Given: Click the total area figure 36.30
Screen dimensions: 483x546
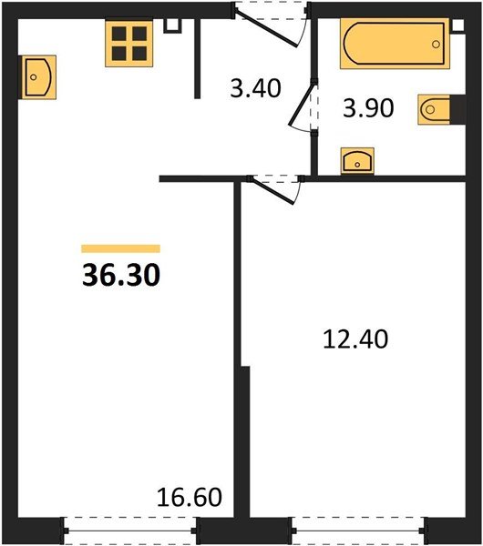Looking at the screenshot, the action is pyautogui.click(x=121, y=275).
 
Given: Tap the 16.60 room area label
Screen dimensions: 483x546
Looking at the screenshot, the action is pyautogui.click(x=190, y=497).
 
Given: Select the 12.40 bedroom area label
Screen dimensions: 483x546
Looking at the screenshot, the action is pyautogui.click(x=355, y=339).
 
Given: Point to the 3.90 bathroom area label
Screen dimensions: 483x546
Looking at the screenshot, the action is pyautogui.click(x=368, y=108).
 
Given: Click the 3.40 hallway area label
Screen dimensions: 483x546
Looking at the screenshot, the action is pyautogui.click(x=255, y=88).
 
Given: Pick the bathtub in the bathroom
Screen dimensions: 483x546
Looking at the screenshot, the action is pyautogui.click(x=395, y=44).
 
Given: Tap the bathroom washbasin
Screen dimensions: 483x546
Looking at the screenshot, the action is pyautogui.click(x=357, y=161).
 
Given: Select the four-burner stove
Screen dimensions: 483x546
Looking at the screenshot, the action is pyautogui.click(x=129, y=44).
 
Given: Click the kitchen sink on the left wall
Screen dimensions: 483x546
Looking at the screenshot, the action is pyautogui.click(x=38, y=77).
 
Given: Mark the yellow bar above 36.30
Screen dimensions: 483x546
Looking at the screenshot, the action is pyautogui.click(x=120, y=248).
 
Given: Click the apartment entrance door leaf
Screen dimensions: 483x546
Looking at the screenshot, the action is pyautogui.click(x=266, y=29).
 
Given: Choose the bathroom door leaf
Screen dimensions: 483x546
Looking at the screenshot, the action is pyautogui.click(x=302, y=104).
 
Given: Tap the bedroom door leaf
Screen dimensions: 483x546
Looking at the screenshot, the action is pyautogui.click(x=272, y=191).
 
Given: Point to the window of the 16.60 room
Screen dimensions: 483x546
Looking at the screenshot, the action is pyautogui.click(x=130, y=531).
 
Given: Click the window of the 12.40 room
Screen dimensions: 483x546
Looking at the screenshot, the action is pyautogui.click(x=358, y=531).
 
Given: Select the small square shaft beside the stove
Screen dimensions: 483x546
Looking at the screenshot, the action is pyautogui.click(x=173, y=25).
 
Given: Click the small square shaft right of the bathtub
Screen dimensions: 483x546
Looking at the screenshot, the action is pyautogui.click(x=458, y=25).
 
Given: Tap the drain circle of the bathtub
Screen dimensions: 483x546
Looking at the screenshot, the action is pyautogui.click(x=436, y=45).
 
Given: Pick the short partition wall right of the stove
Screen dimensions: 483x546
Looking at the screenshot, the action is pyautogui.click(x=198, y=58).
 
